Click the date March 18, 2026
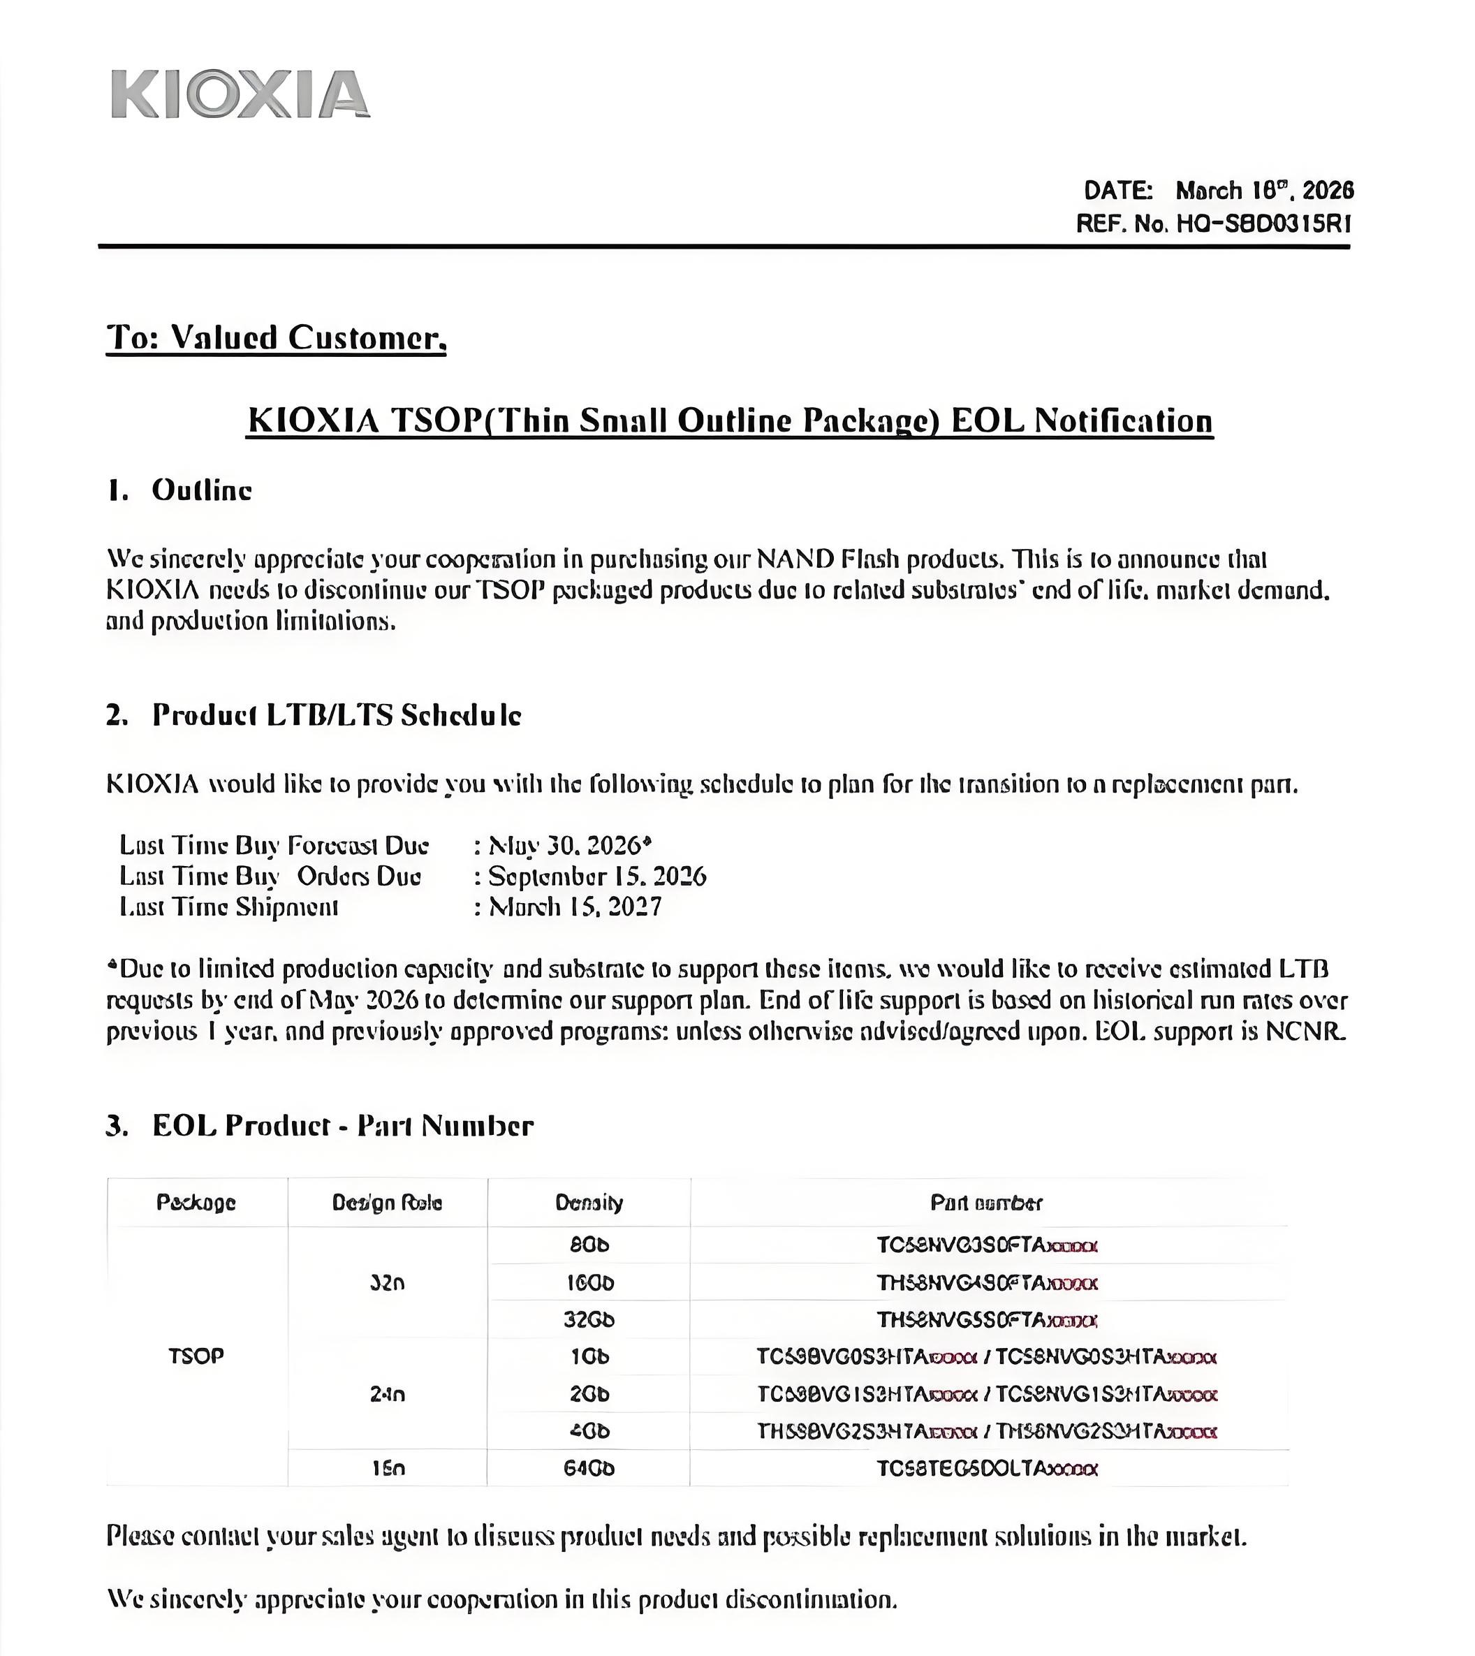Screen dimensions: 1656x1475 coord(1264,191)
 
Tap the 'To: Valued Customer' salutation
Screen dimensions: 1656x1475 coord(277,337)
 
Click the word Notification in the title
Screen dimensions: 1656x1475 coord(1122,420)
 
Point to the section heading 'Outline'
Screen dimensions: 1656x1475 coord(202,490)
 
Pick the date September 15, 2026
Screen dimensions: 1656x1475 coord(597,877)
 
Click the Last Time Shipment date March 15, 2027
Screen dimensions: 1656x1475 coord(575,906)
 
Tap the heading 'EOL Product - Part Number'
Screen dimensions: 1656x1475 coord(343,1125)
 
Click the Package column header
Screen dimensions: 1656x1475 coord(196,1202)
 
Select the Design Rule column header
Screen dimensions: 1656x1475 coord(388,1202)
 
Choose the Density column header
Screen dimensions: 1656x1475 coord(589,1202)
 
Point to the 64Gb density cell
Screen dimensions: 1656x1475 coord(589,1468)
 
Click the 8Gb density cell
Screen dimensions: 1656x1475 coord(589,1244)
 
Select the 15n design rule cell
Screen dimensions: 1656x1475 coord(388,1468)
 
